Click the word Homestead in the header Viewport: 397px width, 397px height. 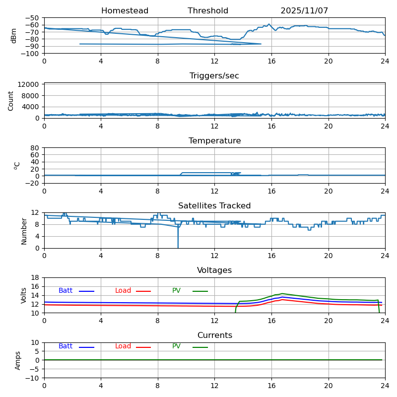(125, 11)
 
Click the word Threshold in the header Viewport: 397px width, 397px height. (208, 11)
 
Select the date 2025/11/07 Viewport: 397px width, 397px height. (304, 11)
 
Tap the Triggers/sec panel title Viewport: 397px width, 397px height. (214, 76)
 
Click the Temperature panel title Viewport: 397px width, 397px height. (214, 141)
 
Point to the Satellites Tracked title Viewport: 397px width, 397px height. (214, 206)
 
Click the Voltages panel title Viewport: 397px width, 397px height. (214, 270)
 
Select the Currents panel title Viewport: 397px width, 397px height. (214, 335)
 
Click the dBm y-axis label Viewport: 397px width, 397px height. (14, 35)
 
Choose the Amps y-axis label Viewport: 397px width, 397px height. (18, 360)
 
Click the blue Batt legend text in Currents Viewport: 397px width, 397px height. (66, 346)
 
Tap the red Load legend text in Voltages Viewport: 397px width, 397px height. (123, 291)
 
